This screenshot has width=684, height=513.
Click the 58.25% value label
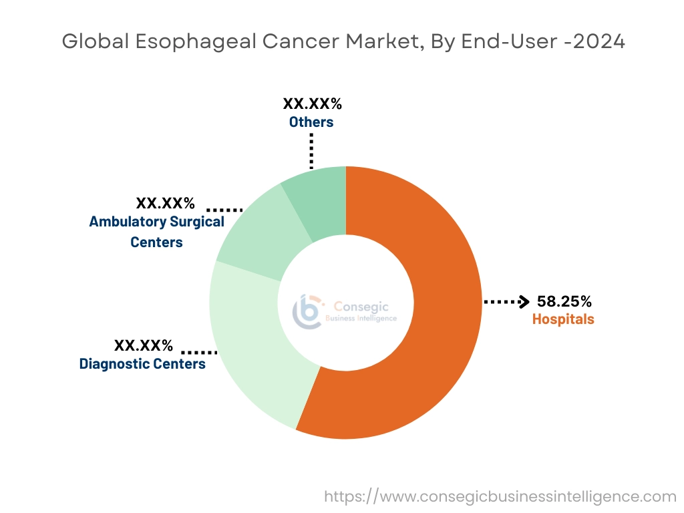point(564,301)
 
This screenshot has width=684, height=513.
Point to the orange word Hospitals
point(563,319)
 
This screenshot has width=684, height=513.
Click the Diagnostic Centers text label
point(142,364)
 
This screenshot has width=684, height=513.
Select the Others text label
point(311,122)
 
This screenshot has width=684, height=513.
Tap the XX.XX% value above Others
point(312,104)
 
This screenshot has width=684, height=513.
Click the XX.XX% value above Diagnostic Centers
point(144,346)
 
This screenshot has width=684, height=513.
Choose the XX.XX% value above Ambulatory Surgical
point(165,203)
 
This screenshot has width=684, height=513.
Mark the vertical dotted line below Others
point(311,150)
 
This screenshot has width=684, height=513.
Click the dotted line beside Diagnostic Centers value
point(199,351)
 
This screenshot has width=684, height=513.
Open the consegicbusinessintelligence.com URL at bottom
point(500,496)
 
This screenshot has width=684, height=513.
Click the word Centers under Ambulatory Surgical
point(156,242)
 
